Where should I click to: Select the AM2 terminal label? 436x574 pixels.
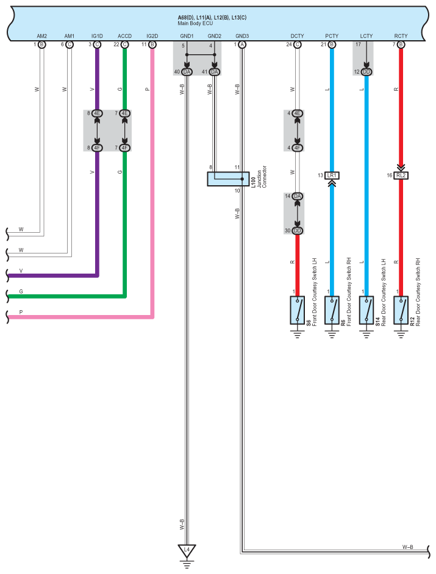41,37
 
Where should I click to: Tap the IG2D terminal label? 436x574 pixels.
152,37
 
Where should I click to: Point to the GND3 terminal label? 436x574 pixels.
242,37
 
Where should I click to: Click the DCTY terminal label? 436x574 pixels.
298,37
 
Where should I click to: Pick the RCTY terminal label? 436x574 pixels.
401,37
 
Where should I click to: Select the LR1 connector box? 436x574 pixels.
332,175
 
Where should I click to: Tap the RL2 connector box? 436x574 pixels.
401,175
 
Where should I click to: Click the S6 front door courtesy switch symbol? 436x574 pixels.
298,311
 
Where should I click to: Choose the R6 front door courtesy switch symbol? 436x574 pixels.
332,311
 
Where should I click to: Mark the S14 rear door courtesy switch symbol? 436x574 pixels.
366,311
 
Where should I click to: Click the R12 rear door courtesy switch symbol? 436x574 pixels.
401,311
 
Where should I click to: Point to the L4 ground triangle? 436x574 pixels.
187,550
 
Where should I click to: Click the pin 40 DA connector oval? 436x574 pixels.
187,72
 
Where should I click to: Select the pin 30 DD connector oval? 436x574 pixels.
298,231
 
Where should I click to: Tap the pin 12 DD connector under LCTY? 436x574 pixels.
366,72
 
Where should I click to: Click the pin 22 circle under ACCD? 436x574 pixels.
125,44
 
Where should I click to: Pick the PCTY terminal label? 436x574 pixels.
332,37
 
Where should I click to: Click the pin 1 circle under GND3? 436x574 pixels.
242,44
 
